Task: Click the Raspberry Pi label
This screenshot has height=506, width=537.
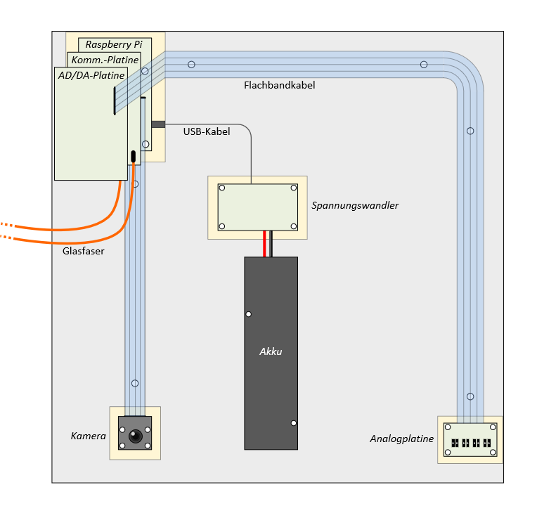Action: pos(114,44)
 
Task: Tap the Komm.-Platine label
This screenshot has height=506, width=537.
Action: pos(105,60)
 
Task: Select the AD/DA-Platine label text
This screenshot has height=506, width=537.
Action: pos(91,75)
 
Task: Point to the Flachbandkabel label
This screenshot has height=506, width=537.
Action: pos(280,85)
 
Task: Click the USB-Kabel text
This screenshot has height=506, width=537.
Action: pos(207,131)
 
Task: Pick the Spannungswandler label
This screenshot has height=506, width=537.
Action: pos(355,205)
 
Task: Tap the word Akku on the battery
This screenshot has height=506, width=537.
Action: pos(271,351)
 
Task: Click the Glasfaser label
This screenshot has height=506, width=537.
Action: pos(83,251)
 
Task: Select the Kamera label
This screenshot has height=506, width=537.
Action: pos(88,436)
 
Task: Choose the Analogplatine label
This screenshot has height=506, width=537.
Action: pos(402,439)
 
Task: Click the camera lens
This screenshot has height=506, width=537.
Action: pos(135,436)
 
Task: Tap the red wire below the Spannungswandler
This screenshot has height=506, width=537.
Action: pos(264,244)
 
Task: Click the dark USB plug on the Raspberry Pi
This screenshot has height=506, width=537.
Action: pos(158,124)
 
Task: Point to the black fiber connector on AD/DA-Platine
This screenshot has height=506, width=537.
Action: pos(134,157)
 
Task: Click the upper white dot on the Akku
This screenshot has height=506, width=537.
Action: pos(249,314)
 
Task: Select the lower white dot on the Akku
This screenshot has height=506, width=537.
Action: pos(294,423)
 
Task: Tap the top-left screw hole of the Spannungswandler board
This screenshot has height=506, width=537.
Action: pos(222,188)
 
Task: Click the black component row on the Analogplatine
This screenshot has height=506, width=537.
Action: pos(471,443)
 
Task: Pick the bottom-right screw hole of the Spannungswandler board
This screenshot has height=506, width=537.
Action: pos(294,226)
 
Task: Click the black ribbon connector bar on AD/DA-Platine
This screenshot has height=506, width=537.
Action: pos(115,100)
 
